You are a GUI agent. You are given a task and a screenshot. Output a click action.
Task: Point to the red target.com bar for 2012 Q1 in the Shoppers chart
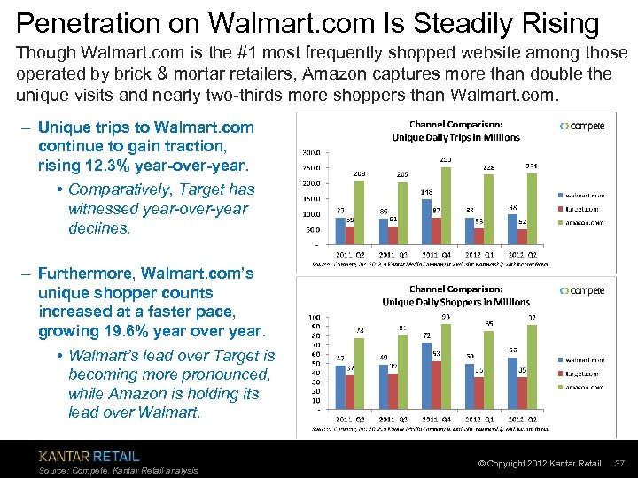tap(478, 394)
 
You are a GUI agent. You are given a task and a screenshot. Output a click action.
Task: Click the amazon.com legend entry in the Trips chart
tap(583, 222)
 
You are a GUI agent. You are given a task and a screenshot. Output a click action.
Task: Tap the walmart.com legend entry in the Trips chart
tap(583, 194)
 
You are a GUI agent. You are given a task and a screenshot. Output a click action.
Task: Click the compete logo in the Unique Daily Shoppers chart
tap(582, 290)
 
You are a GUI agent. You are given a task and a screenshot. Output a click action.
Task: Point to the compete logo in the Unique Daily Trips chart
tap(582, 126)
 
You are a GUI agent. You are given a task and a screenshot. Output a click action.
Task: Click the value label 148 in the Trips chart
tap(425, 191)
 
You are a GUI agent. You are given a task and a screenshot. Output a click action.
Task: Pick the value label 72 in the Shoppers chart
tap(425, 336)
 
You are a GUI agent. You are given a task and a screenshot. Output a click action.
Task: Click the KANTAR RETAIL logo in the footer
tap(89, 456)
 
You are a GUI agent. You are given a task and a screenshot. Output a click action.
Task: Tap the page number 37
tap(620, 464)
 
